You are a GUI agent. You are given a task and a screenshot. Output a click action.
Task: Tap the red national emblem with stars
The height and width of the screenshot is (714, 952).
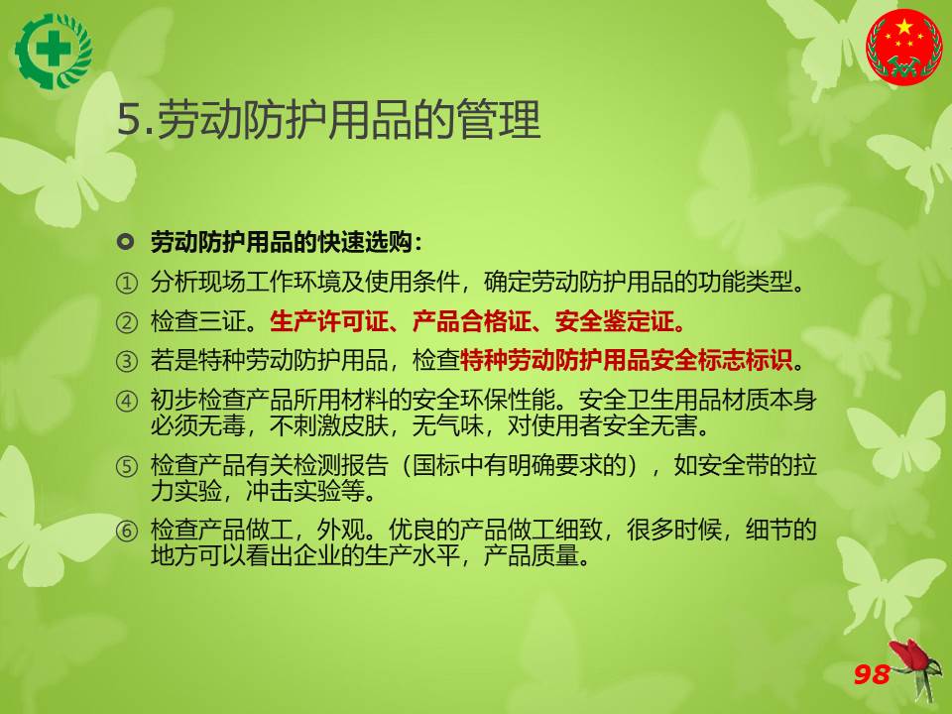(x=904, y=47)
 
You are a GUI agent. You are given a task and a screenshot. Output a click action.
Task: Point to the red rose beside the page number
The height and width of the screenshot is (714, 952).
(x=916, y=667)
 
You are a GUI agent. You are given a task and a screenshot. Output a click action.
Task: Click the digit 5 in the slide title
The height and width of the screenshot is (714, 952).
(x=129, y=119)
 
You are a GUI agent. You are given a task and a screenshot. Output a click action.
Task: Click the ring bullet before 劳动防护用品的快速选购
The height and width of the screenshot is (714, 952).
(x=125, y=242)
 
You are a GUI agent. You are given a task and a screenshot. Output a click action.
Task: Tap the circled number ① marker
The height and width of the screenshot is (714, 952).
(x=126, y=283)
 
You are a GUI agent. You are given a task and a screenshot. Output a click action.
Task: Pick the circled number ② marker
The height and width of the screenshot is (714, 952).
(x=126, y=322)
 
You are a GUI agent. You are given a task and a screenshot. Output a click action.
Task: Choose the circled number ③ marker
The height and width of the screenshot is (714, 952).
(x=126, y=361)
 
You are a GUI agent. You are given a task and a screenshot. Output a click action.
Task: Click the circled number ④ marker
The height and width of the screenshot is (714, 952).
(x=126, y=401)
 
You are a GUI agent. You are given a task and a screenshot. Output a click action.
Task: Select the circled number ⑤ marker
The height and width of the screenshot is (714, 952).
(x=126, y=466)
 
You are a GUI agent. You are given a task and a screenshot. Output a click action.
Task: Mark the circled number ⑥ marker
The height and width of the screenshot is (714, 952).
(x=126, y=531)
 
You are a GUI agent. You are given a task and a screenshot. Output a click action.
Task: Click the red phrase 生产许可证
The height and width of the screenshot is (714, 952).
(x=328, y=321)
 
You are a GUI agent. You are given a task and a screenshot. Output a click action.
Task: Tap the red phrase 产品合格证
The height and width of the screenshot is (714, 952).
(x=471, y=321)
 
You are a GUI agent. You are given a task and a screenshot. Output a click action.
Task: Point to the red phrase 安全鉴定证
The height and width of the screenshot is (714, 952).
(x=614, y=321)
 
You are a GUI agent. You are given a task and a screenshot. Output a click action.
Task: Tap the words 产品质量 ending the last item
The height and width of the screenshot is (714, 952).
(x=531, y=555)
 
